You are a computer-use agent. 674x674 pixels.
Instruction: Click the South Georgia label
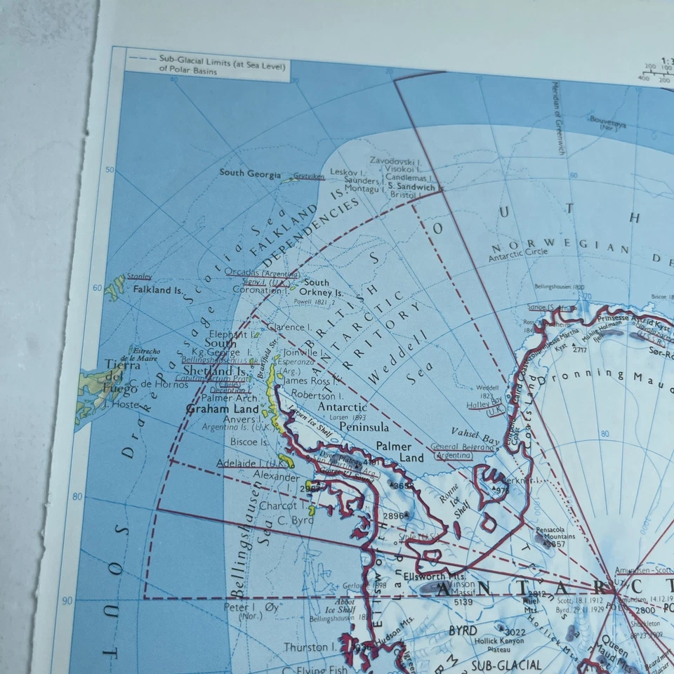pyautogui.click(x=250, y=173)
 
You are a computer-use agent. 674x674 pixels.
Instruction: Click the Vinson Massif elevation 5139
pyautogui.click(x=463, y=602)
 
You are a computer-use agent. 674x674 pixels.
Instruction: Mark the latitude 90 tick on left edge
pyautogui.click(x=67, y=600)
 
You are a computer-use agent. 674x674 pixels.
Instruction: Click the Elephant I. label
pyautogui.click(x=229, y=335)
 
